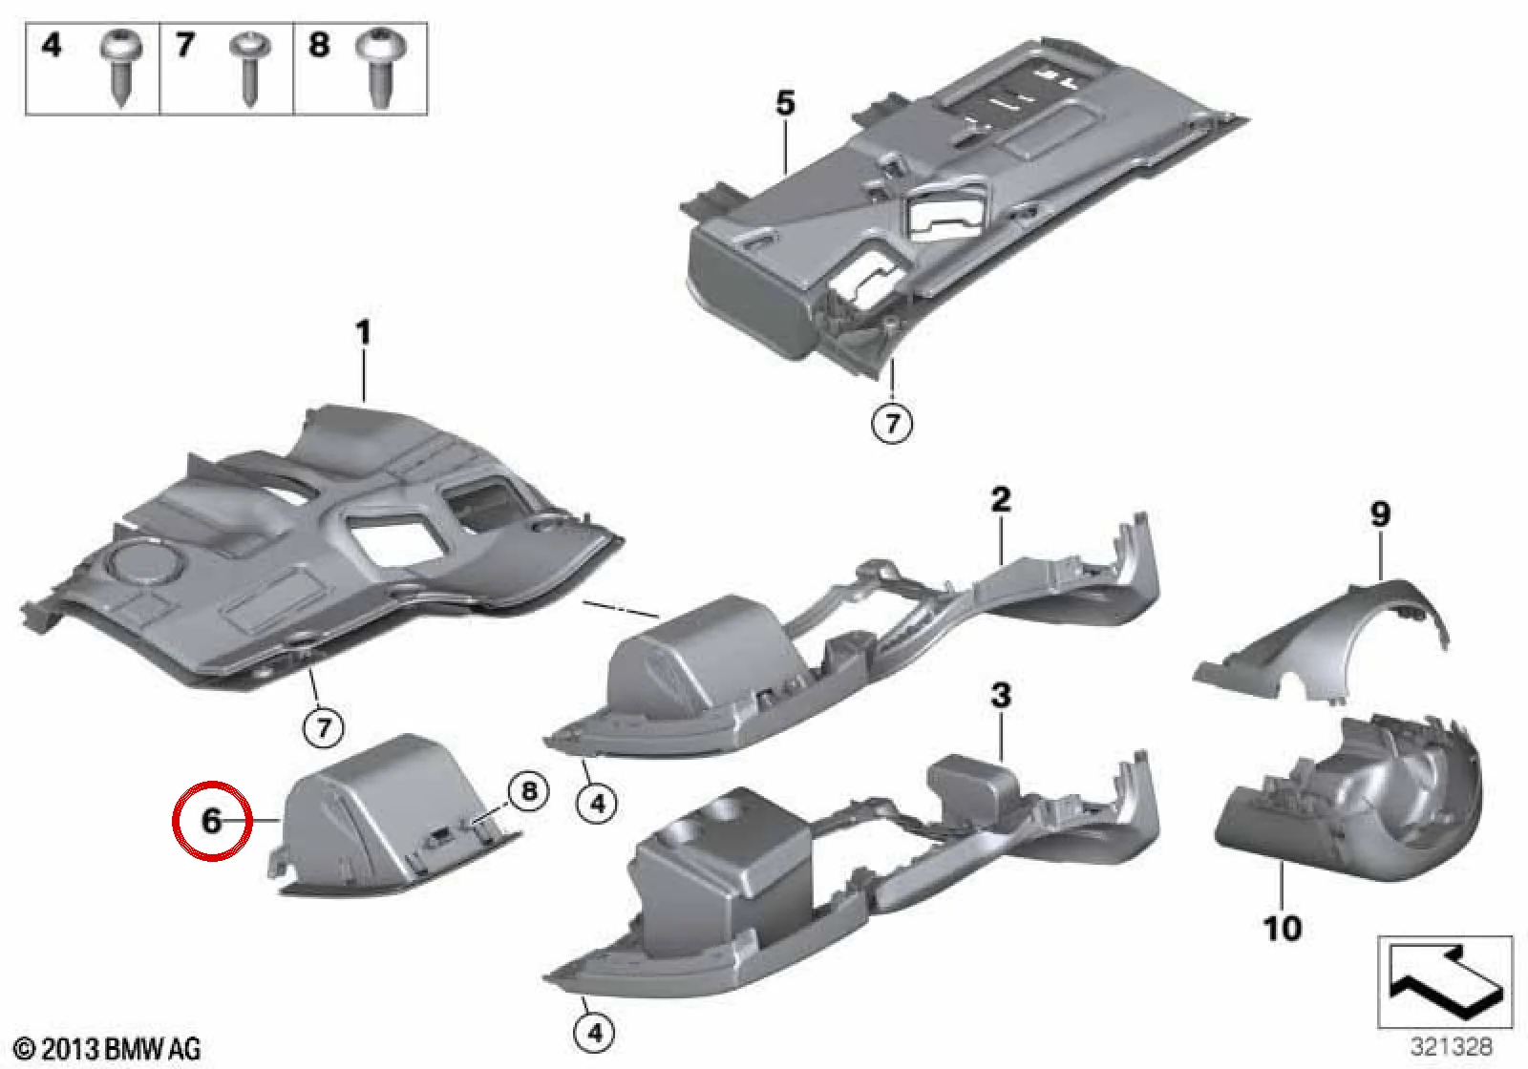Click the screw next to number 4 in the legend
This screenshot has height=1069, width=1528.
[122, 66]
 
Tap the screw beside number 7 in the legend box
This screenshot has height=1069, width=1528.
[250, 68]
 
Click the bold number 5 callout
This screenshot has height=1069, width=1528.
[785, 104]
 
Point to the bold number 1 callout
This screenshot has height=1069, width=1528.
[364, 333]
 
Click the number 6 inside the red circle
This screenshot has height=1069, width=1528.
[211, 820]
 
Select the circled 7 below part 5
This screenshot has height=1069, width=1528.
[892, 424]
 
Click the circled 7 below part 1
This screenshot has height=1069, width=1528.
[324, 727]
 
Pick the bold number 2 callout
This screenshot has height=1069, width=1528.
[1001, 500]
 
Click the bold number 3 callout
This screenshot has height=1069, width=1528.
[1001, 696]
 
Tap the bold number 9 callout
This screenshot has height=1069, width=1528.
[1380, 514]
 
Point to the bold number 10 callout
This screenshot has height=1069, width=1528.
[1283, 929]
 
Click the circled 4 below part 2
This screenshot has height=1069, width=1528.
[598, 805]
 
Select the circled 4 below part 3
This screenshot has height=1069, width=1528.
[595, 1034]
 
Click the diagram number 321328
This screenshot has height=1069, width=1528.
[1452, 1046]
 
